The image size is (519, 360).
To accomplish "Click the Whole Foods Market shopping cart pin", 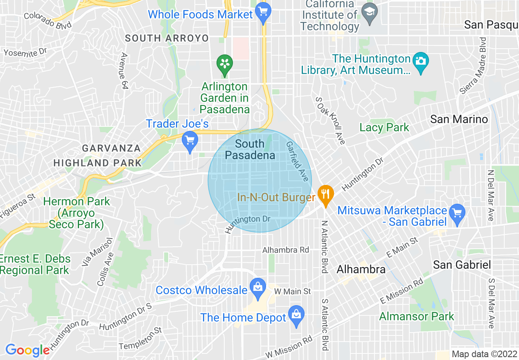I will [263, 12].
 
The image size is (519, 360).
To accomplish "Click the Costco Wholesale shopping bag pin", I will [257, 288].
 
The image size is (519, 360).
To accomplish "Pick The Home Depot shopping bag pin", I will [296, 315].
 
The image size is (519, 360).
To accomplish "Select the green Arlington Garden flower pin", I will [224, 64].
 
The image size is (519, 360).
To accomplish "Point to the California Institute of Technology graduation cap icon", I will [370, 10].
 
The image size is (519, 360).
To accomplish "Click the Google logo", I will [27, 350].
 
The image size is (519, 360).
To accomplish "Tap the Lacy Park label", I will [384, 127].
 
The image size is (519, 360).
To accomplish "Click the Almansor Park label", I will [416, 316].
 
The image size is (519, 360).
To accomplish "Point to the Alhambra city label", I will [361, 269].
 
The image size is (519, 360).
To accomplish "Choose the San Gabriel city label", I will [462, 264].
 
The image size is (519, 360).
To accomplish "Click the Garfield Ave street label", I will [297, 162].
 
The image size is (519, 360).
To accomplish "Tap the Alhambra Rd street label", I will [286, 250].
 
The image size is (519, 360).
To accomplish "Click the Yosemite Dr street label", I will [25, 53].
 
